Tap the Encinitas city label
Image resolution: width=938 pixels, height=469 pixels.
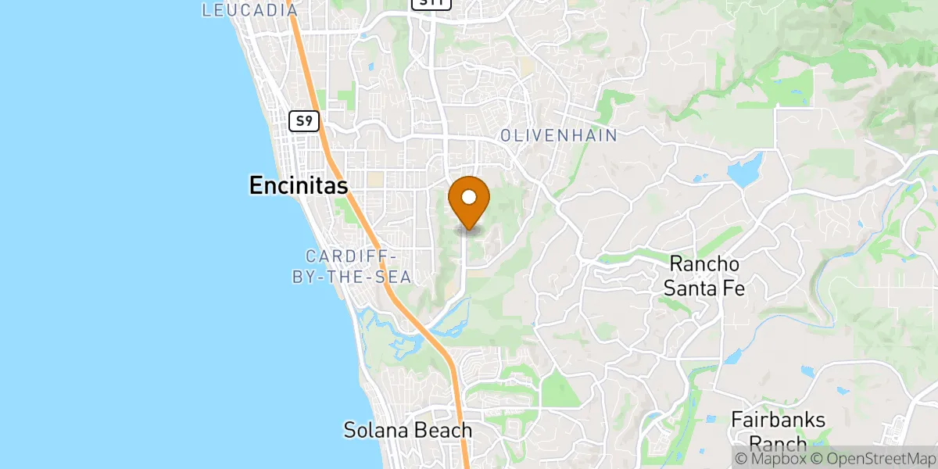point(299,184)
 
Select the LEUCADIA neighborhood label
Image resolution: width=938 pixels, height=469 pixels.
point(250,10)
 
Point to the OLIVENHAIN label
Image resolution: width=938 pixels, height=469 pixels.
point(559,135)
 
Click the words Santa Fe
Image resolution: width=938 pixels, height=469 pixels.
point(703,288)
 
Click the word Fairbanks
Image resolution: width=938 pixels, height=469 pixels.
point(778,420)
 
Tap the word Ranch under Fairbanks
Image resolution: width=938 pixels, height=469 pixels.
point(778,444)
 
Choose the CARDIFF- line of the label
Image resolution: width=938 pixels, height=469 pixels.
point(354,256)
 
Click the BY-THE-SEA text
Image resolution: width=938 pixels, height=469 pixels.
point(354,277)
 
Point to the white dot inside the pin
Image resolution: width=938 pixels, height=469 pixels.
point(470,196)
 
